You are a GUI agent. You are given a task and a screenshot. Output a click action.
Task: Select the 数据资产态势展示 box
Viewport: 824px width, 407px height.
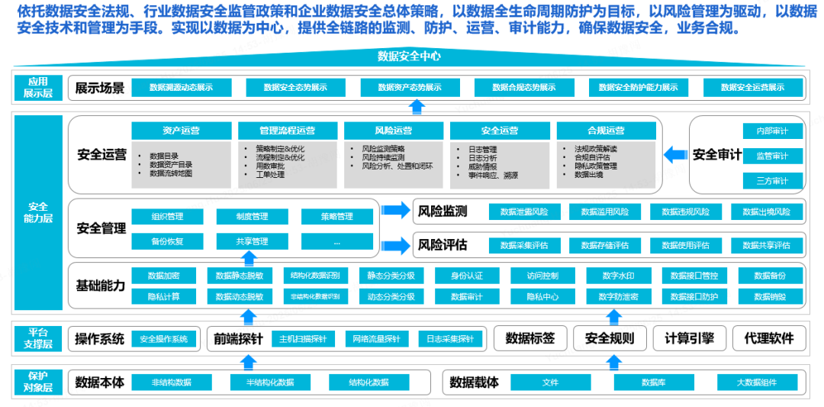pyautogui.click(x=410, y=88)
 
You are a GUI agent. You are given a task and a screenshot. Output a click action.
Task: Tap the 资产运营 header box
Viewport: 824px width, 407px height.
pyautogui.click(x=181, y=131)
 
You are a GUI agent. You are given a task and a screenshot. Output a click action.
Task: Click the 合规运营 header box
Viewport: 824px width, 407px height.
pyautogui.click(x=606, y=131)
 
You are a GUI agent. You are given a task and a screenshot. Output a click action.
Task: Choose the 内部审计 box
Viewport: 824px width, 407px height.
pyautogui.click(x=772, y=131)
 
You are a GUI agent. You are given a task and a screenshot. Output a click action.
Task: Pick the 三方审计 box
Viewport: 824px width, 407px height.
pyautogui.click(x=772, y=181)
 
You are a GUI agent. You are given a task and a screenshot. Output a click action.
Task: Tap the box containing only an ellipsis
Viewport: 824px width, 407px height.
pyautogui.click(x=336, y=242)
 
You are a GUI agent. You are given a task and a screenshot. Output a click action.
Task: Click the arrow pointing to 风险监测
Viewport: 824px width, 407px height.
pyautogui.click(x=395, y=211)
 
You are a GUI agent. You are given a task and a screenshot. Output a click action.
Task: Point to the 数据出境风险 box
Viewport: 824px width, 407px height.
pyautogui.click(x=767, y=212)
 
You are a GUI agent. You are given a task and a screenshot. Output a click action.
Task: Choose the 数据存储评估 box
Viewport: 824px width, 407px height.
pyautogui.click(x=605, y=245)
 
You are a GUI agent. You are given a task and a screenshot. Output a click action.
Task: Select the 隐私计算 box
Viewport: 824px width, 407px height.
pyautogui.click(x=163, y=296)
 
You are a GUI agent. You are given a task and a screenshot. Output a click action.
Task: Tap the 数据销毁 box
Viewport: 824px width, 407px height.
pyautogui.click(x=769, y=296)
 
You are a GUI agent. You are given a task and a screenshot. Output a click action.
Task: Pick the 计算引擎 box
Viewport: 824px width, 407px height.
pyautogui.click(x=689, y=338)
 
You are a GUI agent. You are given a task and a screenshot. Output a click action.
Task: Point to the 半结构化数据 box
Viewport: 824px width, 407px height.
pyautogui.click(x=270, y=383)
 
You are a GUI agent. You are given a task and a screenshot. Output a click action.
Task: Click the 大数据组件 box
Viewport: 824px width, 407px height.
pyautogui.click(x=756, y=383)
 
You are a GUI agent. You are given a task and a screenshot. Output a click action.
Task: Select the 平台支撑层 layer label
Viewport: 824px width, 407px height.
pyautogui.click(x=38, y=338)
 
